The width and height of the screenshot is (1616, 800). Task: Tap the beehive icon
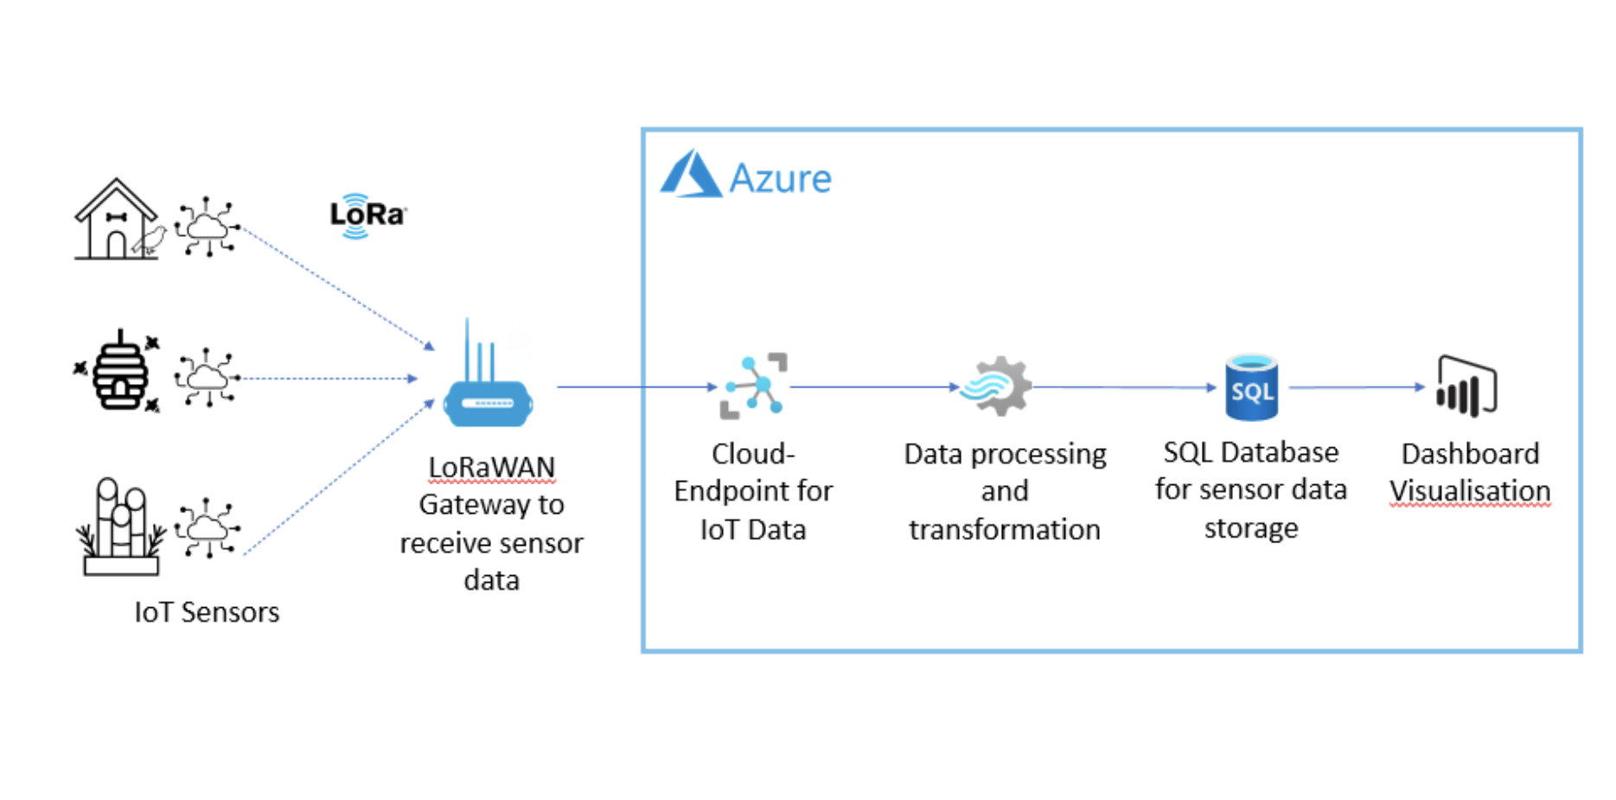click(x=119, y=372)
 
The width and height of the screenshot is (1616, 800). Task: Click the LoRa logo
click(x=367, y=214)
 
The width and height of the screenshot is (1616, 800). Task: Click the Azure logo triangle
click(x=690, y=175)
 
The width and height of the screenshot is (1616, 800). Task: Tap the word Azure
click(x=780, y=178)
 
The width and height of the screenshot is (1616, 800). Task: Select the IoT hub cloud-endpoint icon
click(x=754, y=386)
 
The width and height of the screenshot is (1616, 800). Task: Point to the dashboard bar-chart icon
click(x=1466, y=386)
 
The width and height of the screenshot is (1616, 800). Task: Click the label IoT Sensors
click(x=207, y=612)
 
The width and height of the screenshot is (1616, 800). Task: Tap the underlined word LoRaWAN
click(x=491, y=467)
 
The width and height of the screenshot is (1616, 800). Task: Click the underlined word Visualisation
click(x=1470, y=491)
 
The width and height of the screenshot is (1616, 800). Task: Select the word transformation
click(x=1005, y=529)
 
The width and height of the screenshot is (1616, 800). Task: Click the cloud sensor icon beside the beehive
click(x=207, y=377)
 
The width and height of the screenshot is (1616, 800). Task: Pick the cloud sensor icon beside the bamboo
click(x=207, y=527)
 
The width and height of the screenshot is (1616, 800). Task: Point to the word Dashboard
click(x=1470, y=454)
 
